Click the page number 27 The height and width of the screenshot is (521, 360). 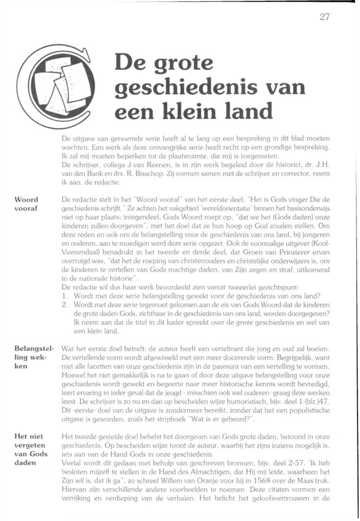pyautogui.click(x=325, y=17)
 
